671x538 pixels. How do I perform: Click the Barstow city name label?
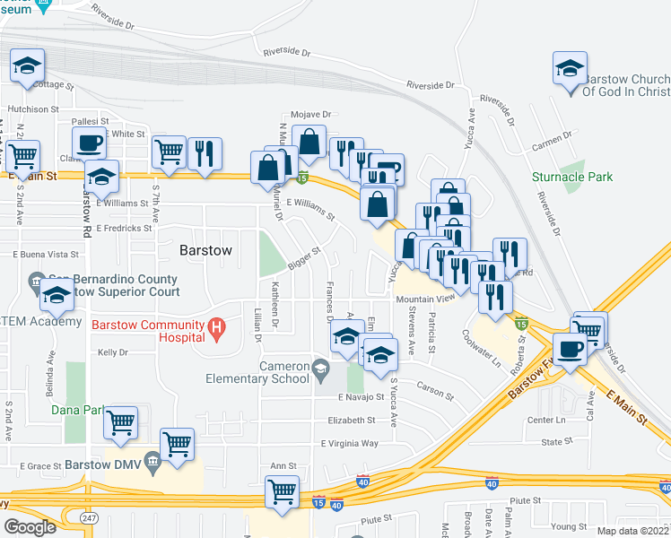click(x=206, y=250)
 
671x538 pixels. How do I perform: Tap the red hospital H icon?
click(x=216, y=329)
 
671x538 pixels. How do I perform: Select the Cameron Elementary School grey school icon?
click(x=320, y=366)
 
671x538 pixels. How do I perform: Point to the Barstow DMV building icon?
click(x=152, y=465)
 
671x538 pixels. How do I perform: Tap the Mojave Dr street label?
click(x=310, y=115)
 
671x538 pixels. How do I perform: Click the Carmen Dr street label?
click(x=551, y=137)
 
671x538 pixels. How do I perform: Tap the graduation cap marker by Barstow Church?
click(x=570, y=68)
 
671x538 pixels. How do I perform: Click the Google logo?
click(x=30, y=527)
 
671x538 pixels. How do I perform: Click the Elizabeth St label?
click(x=351, y=420)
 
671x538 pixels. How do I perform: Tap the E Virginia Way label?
click(x=349, y=443)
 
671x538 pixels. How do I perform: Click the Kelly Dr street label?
click(x=113, y=352)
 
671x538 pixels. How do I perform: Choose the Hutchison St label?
click(x=32, y=109)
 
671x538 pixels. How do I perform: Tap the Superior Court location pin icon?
click(x=36, y=280)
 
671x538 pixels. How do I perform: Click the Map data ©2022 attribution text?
click(x=633, y=531)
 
